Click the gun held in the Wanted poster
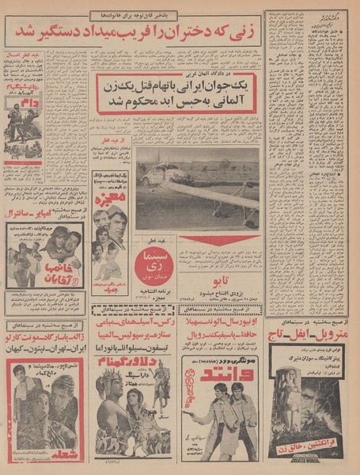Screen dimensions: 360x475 click(188, 413)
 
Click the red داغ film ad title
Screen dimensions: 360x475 click(21, 103)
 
